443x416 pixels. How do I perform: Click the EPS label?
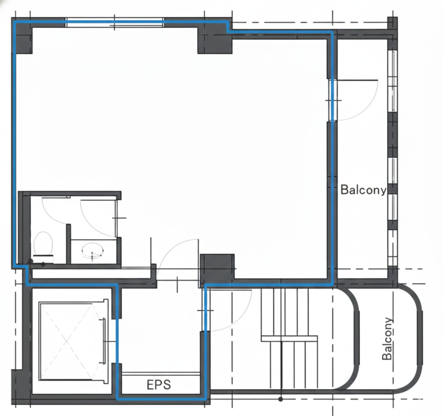tap(159, 385)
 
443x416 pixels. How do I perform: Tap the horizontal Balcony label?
tap(363, 190)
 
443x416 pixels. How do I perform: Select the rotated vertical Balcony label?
tap(387, 338)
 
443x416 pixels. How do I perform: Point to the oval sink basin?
tap(93, 250)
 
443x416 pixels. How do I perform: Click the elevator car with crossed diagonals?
tap(67, 341)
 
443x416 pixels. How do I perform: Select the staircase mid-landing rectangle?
tap(289, 338)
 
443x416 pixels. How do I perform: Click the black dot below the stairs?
tap(281, 399)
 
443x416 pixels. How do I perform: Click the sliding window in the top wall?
tap(115, 23)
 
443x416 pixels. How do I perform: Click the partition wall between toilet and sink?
tap(68, 244)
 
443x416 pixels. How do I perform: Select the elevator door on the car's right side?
tap(104, 341)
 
